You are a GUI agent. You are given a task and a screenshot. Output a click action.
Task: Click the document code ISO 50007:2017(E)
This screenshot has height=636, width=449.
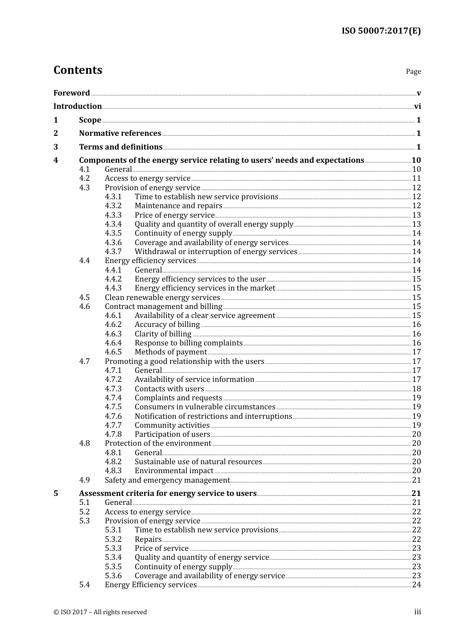[381, 31]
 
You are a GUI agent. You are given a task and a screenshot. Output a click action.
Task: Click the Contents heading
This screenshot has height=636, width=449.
[78, 70]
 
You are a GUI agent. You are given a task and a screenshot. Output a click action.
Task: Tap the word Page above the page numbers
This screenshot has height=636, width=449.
[413, 71]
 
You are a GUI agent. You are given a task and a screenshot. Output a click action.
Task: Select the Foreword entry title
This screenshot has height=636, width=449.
[71, 93]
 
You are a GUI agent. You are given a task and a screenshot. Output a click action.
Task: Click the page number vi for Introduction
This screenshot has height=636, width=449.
[417, 106]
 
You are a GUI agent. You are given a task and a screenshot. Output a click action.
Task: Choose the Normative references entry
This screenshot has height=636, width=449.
[120, 133]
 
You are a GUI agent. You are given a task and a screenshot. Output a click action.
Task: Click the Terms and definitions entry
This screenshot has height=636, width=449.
[121, 147]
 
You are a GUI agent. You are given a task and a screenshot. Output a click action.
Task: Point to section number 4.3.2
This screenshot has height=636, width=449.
[113, 206]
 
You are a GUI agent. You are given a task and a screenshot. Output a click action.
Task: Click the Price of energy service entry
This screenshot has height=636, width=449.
[174, 215]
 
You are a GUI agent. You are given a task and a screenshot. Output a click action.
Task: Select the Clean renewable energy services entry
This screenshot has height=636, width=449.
[162, 298]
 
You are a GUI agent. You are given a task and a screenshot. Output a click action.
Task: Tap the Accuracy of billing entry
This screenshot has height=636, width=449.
[167, 325]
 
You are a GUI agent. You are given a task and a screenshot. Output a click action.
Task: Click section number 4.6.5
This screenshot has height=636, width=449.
[113, 352]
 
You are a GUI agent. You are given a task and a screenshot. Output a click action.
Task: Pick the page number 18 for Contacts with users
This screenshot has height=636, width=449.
[416, 389]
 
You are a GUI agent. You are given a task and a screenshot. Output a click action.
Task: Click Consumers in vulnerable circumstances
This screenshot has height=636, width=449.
[205, 407]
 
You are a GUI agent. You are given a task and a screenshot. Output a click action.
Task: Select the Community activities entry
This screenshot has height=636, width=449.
[172, 425]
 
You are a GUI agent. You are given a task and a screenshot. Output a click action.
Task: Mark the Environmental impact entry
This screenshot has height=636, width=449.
[174, 471]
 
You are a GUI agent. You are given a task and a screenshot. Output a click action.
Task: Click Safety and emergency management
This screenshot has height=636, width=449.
[167, 480]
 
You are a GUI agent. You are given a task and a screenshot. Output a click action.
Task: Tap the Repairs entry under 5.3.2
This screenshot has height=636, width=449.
[148, 539]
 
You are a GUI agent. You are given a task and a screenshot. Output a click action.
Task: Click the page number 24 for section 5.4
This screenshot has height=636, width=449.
[416, 585]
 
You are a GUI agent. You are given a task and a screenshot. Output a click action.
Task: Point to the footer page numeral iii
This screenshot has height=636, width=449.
[417, 612]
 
